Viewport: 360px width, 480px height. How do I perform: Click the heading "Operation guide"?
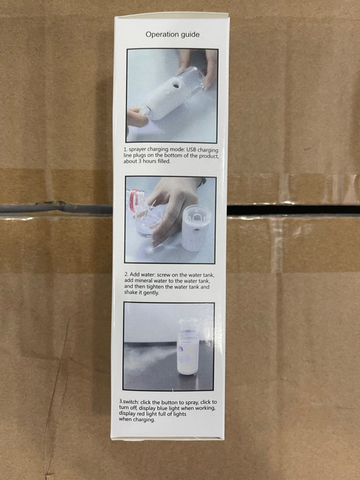172,35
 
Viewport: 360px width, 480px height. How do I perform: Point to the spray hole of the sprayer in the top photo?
176,86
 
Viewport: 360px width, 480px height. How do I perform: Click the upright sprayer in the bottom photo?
188,347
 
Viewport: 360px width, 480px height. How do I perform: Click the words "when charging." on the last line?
137,420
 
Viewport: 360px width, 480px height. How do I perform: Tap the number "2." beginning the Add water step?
126,275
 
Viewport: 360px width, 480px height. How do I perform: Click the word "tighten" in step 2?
155,287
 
